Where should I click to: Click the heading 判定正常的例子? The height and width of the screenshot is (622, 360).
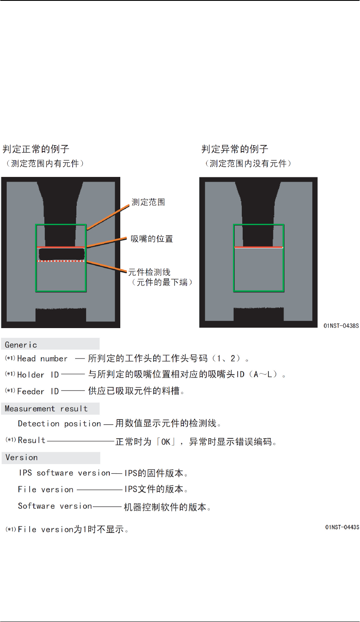pos(36,149)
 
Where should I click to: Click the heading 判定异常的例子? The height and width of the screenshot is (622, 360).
pos(235,149)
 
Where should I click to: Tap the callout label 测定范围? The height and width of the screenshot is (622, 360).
pos(148,202)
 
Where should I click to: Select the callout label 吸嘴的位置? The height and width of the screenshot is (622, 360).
pos(152,239)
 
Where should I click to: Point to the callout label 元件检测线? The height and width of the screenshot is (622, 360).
pos(149,272)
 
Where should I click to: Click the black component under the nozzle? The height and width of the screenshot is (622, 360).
pos(62,254)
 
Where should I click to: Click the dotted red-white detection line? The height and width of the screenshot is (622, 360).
pos(62,261)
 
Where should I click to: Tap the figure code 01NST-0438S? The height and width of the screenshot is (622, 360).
pos(341,326)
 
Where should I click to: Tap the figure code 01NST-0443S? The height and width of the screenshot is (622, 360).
pos(342,527)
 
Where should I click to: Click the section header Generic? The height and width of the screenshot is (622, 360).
pos(21,345)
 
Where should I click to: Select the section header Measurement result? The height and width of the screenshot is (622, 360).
pos(46,409)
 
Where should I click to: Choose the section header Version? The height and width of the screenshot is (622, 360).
pos(22,458)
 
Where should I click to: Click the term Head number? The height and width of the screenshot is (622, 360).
pos(42,359)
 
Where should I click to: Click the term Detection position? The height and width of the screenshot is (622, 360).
pos(60,424)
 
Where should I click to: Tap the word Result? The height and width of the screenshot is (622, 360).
pos(32,440)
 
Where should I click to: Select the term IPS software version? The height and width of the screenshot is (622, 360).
pos(65,473)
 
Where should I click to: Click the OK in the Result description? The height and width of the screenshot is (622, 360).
pos(166,442)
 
